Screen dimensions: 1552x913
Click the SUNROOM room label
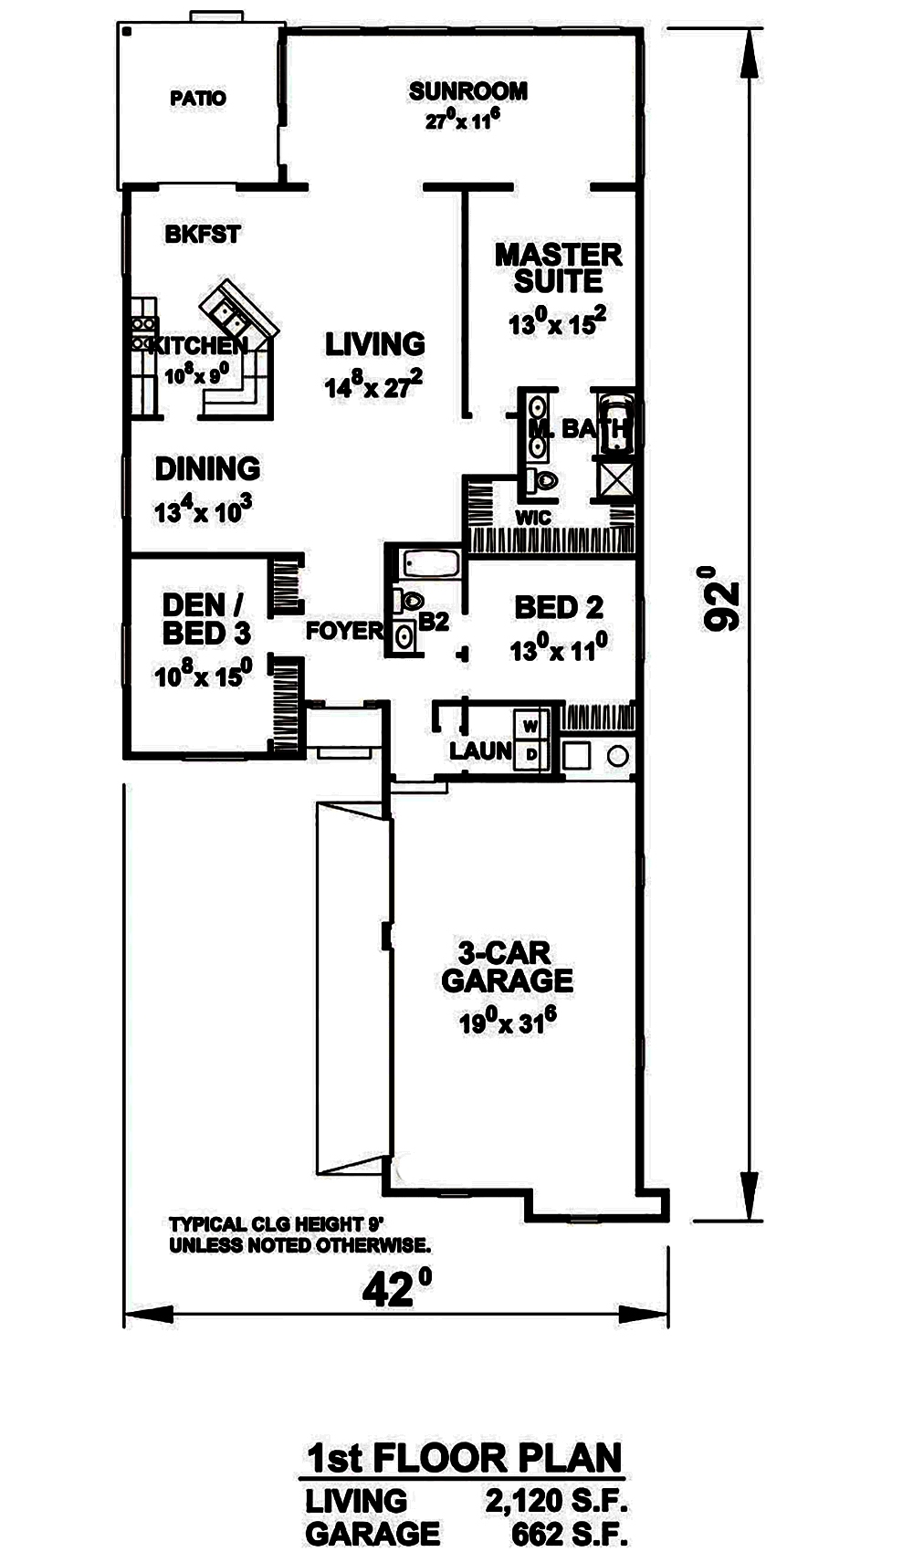[x=467, y=91]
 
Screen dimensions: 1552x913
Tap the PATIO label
[x=198, y=98]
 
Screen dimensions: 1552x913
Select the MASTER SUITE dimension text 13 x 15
[x=557, y=322]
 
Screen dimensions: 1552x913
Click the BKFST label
[x=203, y=235]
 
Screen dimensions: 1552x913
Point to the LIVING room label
[x=375, y=344]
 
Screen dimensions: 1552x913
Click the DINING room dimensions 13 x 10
[x=203, y=510]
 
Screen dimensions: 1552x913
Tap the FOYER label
[x=344, y=631]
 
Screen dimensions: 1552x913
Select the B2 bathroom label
[x=434, y=623]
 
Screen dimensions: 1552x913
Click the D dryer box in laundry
[x=531, y=755]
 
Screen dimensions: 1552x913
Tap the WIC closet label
[x=533, y=518]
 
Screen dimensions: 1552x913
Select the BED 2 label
[x=558, y=607]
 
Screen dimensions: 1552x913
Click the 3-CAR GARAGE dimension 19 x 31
[x=508, y=1022]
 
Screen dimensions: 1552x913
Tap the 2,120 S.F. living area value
[x=556, y=1501]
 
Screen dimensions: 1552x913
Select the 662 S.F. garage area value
[x=570, y=1534]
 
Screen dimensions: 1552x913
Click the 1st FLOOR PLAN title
[x=464, y=1458]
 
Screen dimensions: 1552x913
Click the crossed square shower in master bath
[x=616, y=479]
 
